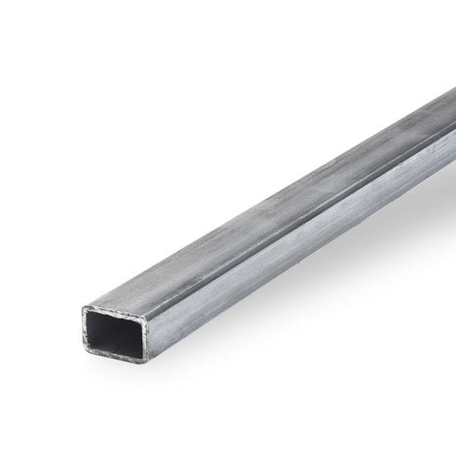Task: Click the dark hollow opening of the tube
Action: click(116, 333)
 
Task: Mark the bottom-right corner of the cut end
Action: click(149, 362)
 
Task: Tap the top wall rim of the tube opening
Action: click(115, 309)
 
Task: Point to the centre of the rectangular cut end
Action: click(116, 334)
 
